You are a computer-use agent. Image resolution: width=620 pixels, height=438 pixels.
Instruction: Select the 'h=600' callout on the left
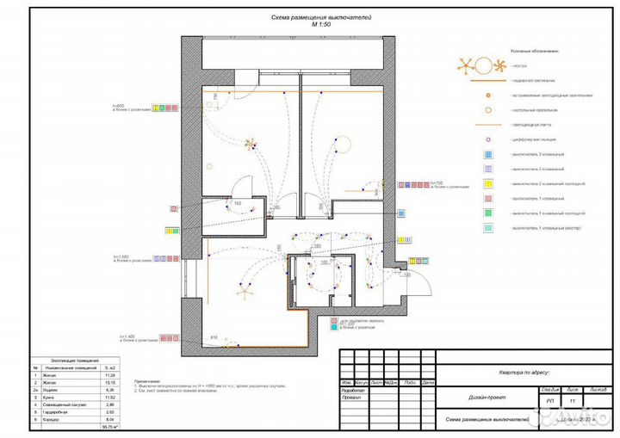tap(119, 105)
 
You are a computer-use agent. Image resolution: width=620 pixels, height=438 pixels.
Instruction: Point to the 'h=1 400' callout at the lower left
tap(121, 336)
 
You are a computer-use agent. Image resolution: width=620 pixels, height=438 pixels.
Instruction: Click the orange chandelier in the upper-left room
tap(251, 143)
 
